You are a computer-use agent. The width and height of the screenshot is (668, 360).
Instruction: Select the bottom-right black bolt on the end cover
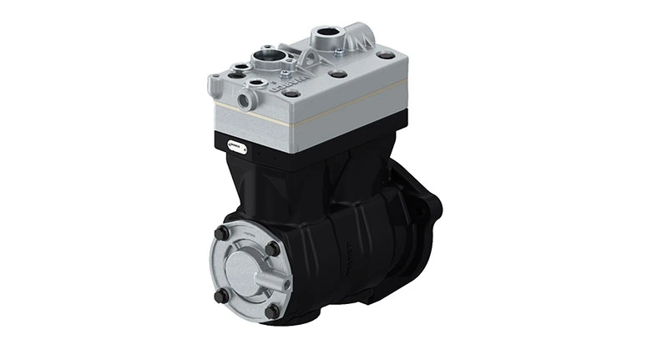coord(271,310)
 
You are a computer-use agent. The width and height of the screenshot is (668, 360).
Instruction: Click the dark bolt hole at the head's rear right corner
coord(387,55)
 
